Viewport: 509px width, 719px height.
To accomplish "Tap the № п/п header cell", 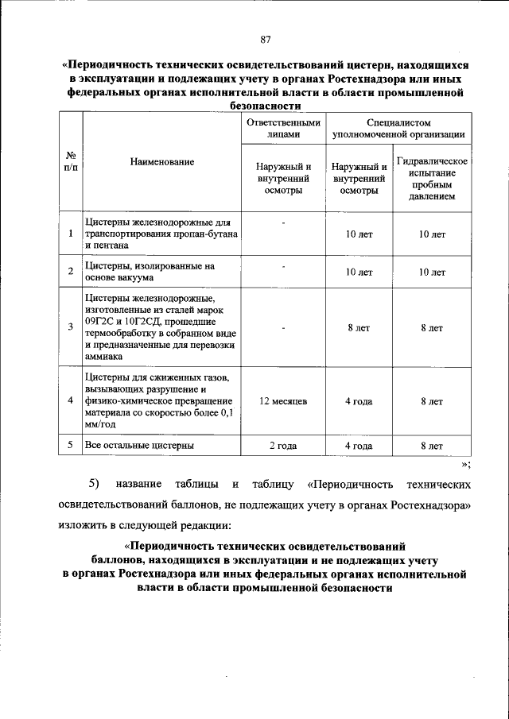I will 71,161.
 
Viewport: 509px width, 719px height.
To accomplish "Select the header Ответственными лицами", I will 283,129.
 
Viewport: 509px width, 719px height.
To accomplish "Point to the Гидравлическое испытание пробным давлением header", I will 433,178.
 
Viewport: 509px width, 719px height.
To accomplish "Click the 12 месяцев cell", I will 283,401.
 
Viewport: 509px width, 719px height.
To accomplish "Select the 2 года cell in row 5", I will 283,446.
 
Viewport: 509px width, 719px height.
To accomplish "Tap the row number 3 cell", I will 71,327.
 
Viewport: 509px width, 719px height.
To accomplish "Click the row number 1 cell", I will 71,233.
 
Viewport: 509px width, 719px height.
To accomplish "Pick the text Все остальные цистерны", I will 139,446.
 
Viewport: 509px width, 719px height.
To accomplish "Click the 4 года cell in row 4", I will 359,401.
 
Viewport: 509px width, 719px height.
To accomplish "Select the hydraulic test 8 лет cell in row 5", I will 433,446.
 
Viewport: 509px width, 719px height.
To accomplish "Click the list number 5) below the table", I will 93,483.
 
